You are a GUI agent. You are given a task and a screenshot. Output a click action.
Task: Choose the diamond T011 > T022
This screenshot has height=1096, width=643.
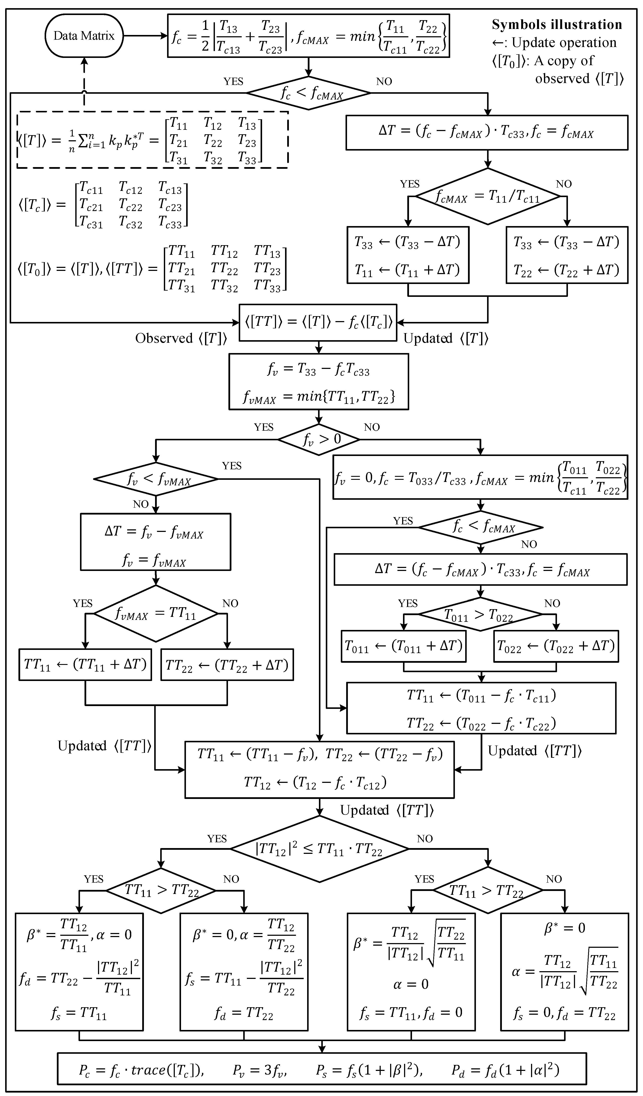point(480,614)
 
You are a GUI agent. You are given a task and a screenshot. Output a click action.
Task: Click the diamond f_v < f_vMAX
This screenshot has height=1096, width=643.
point(156,479)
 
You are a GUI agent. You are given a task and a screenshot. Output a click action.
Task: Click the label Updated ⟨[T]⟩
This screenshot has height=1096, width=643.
point(446,338)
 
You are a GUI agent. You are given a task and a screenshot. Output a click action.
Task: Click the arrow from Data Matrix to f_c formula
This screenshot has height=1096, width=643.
point(145,36)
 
